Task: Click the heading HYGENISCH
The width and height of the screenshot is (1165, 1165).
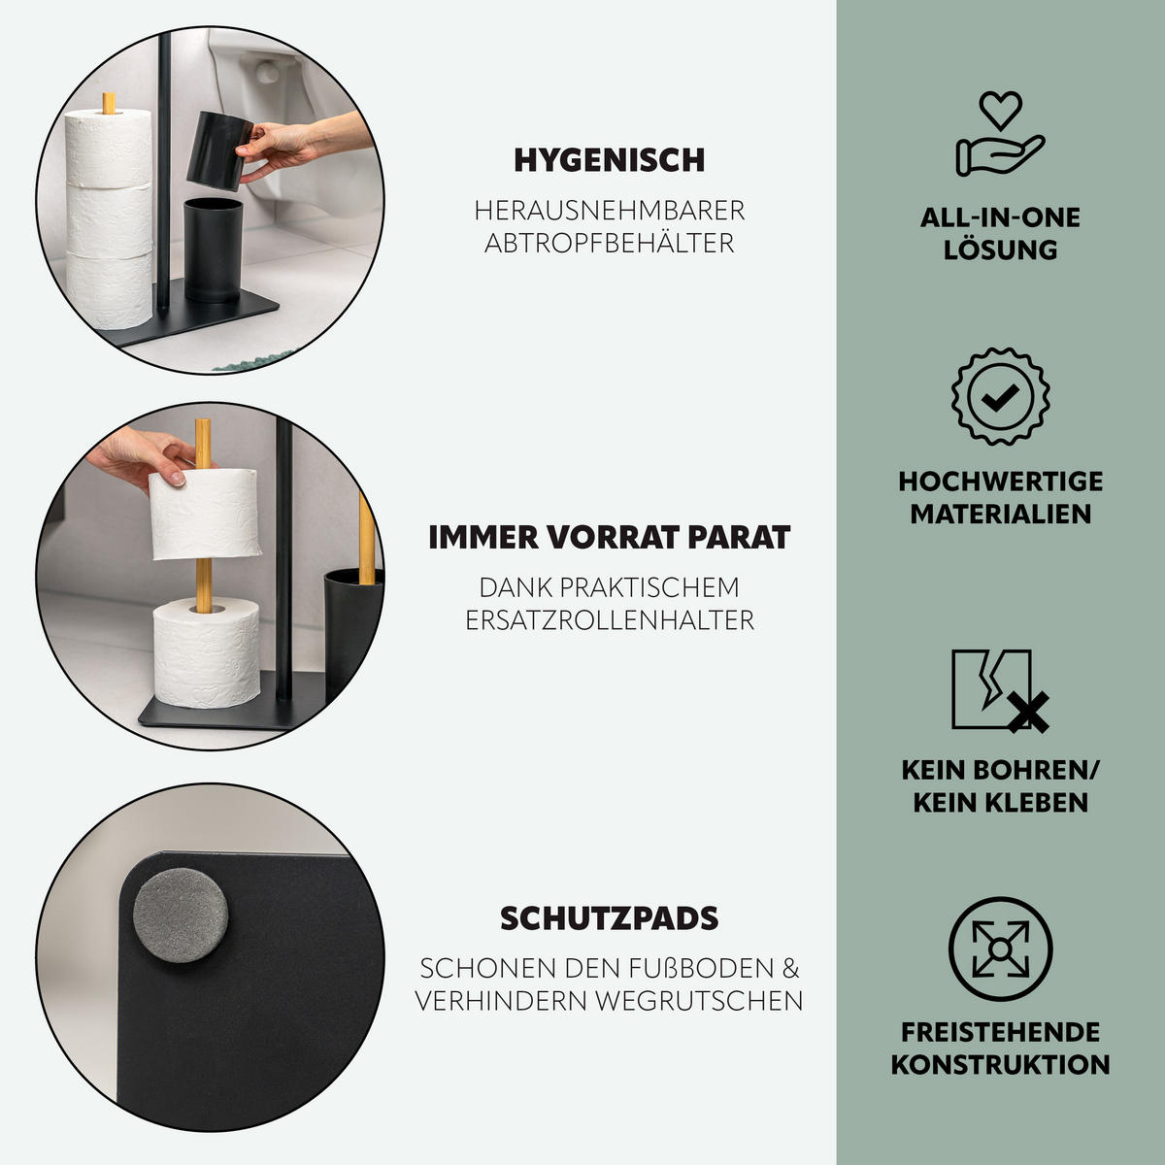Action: tap(609, 160)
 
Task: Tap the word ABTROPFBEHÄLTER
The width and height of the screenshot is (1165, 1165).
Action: tap(609, 243)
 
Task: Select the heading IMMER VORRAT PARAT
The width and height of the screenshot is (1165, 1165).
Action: tap(609, 537)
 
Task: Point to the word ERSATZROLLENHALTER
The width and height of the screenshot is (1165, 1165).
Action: tap(609, 619)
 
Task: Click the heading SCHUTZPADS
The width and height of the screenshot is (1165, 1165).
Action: tap(609, 917)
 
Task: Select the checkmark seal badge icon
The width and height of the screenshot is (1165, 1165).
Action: tap(1000, 396)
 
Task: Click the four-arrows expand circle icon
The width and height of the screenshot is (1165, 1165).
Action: tap(1000, 949)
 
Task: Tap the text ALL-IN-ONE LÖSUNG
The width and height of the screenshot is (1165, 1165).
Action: tap(1000, 233)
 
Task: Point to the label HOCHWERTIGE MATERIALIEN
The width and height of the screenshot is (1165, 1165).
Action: tap(1000, 497)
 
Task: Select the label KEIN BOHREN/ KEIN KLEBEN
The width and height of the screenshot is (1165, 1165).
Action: tap(1000, 785)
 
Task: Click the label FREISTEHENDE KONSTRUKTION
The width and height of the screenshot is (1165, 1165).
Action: tap(1000, 1048)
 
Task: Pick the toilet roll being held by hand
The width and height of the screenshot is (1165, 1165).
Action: tap(205, 515)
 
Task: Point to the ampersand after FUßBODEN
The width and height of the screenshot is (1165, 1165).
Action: tap(791, 968)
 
